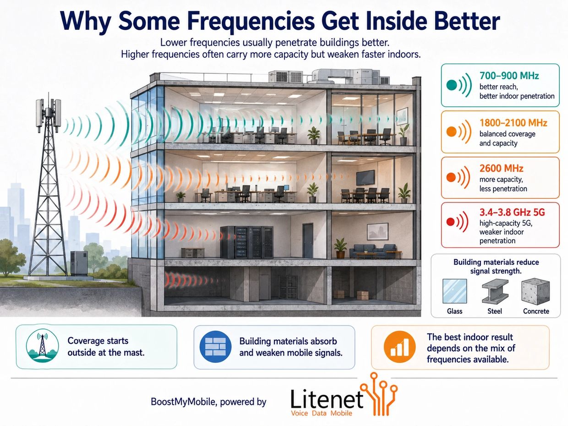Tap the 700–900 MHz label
(x=509, y=76)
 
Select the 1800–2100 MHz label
(x=513, y=123)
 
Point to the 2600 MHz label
(x=501, y=169)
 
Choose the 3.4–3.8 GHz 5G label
(x=512, y=213)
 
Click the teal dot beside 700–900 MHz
(x=452, y=85)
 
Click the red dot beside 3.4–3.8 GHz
(x=451, y=222)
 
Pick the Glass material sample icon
(x=455, y=291)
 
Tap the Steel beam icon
(x=495, y=291)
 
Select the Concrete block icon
(x=535, y=291)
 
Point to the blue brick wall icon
(x=216, y=347)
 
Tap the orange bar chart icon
(x=399, y=347)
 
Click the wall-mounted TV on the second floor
(x=365, y=177)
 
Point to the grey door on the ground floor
(x=308, y=240)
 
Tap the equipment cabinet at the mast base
(x=79, y=263)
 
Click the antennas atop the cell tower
(x=49, y=113)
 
